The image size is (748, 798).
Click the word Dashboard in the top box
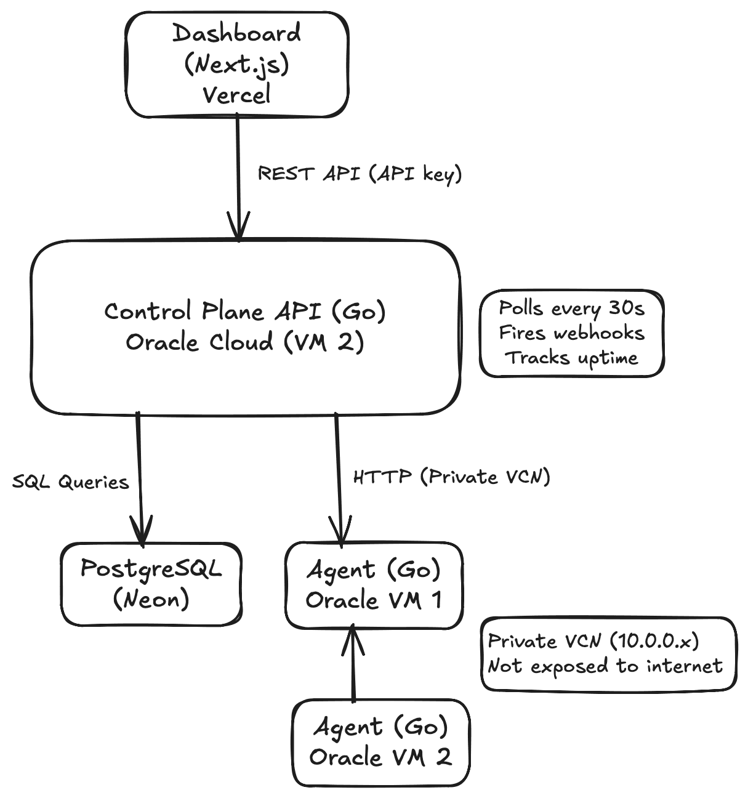[236, 33]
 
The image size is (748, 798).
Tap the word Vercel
[236, 95]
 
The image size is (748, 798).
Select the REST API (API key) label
[360, 174]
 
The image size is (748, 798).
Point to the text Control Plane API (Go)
[245, 312]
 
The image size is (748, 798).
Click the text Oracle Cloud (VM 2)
[245, 342]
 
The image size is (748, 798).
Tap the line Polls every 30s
[571, 308]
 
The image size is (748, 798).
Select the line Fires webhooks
[571, 333]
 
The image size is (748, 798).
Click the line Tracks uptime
[571, 358]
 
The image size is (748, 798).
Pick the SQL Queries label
[71, 482]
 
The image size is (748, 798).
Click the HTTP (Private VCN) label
[451, 477]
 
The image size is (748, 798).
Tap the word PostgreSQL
[151, 569]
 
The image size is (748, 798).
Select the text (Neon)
[151, 599]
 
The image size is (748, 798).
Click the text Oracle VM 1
[374, 600]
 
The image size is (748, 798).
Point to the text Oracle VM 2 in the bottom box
[380, 757]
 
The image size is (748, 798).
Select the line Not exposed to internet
[605, 666]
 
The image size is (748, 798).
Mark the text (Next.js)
[236, 64]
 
